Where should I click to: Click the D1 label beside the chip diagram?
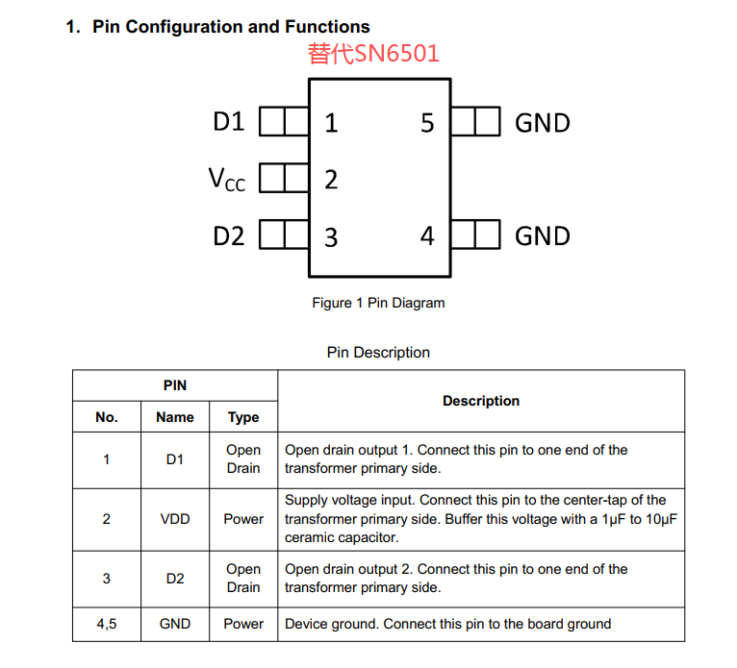click(229, 122)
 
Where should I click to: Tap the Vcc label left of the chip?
click(227, 179)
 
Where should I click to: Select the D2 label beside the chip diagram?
click(229, 235)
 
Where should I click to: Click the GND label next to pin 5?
click(543, 123)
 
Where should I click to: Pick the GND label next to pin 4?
click(543, 236)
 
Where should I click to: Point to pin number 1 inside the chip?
click(331, 123)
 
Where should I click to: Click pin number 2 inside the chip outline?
click(331, 180)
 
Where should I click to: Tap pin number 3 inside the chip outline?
click(331, 237)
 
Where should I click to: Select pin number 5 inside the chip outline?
click(427, 123)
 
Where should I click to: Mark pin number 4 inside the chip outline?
click(427, 236)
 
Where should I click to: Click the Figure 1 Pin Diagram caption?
click(378, 303)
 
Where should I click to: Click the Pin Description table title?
click(378, 353)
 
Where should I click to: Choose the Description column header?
click(481, 401)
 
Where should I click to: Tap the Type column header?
click(243, 417)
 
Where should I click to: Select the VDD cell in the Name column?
click(175, 519)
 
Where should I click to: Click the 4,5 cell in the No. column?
click(107, 624)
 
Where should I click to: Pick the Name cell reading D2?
click(175, 579)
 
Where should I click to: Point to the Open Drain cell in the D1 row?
click(243, 459)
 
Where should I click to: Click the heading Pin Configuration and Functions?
click(231, 27)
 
